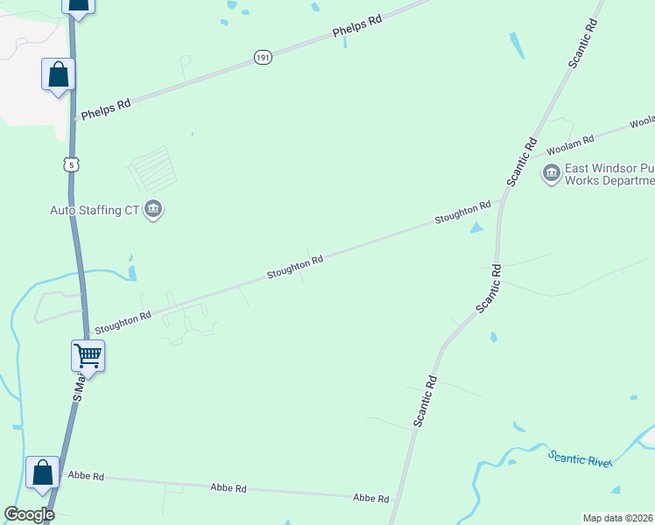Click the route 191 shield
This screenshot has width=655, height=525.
pos(264,57)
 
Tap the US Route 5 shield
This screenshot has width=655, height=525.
pos(72,164)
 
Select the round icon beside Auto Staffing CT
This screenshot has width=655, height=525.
pos(153,210)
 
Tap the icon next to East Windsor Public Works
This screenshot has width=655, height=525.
pos(552,173)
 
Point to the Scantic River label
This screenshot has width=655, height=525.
pos(580,458)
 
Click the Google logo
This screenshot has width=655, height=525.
pos(29,514)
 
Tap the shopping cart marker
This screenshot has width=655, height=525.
pos(88,355)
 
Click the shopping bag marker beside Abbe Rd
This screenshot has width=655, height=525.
pos(42,472)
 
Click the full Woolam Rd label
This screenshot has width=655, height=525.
pos(570,140)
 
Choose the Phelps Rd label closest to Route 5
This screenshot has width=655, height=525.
pos(106,109)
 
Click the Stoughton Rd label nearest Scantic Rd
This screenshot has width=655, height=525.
pos(463,214)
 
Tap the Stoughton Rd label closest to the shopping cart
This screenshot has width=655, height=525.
pos(123,320)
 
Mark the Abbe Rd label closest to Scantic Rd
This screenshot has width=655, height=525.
pos(370,498)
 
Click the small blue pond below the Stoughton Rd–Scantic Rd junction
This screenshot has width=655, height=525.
pos(475,227)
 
